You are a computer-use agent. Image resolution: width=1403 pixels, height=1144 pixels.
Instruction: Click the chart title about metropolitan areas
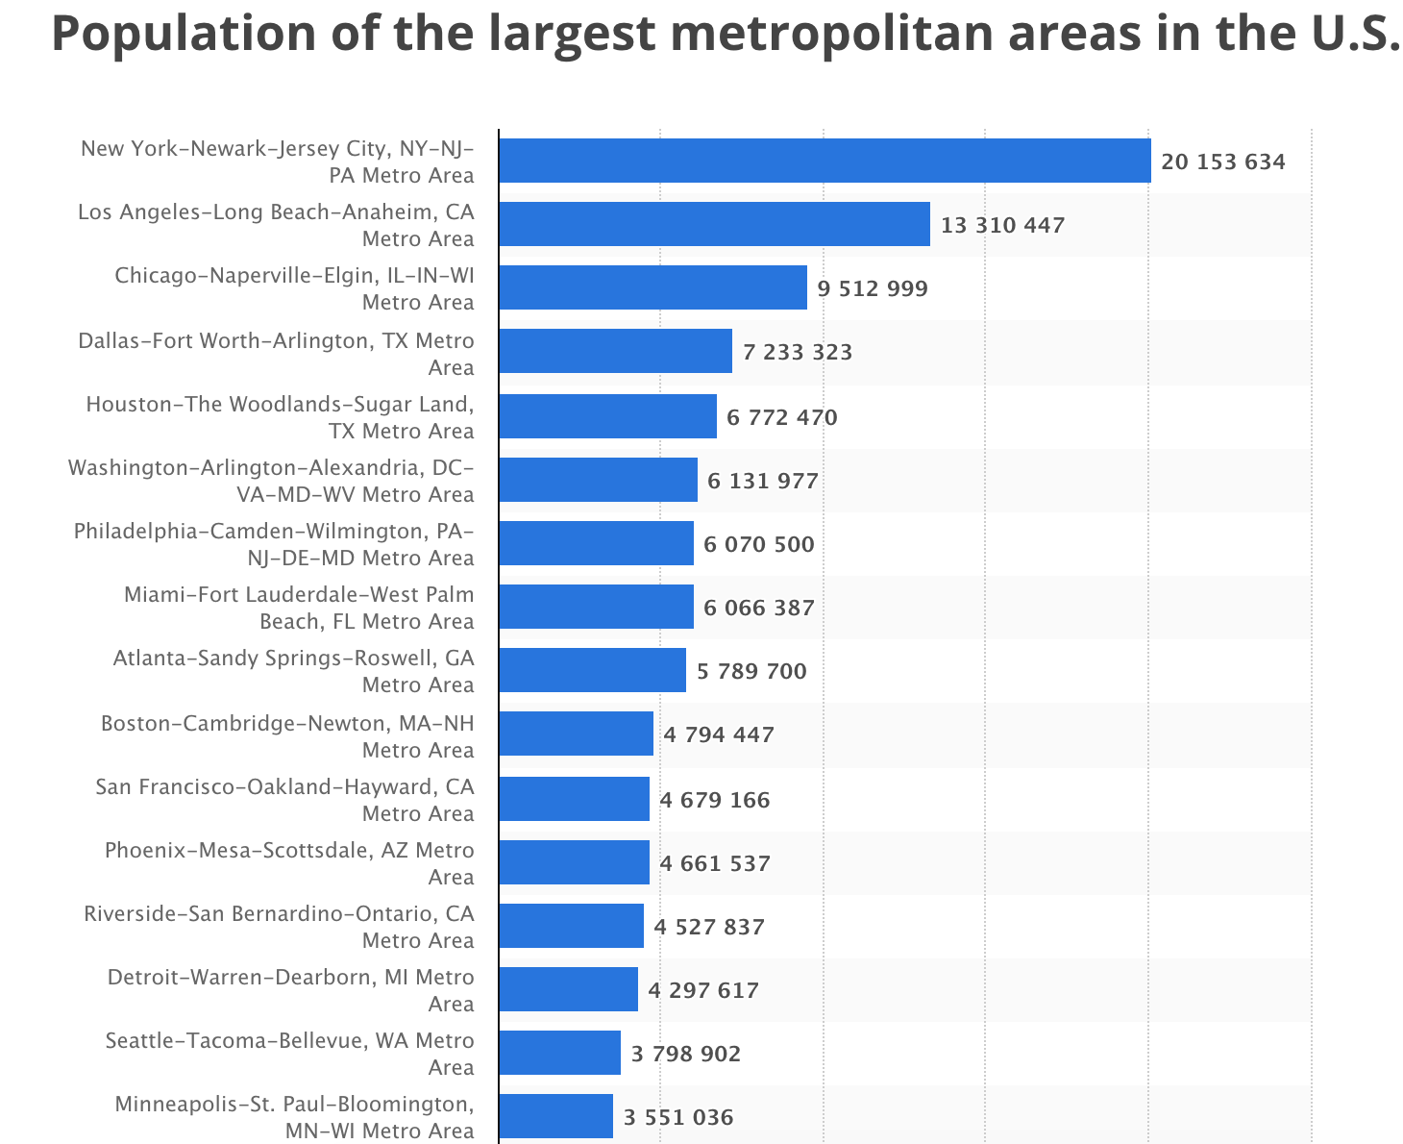click(x=726, y=33)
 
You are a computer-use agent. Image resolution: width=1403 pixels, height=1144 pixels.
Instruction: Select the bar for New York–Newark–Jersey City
click(x=825, y=161)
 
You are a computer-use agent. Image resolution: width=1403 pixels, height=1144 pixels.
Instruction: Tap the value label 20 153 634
click(x=1222, y=162)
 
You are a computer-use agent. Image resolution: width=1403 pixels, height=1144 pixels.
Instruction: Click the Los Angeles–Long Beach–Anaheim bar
click(x=714, y=224)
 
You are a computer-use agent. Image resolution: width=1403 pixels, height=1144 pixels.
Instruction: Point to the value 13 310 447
click(x=1002, y=225)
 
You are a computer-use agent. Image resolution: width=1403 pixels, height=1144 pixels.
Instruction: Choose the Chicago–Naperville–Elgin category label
click(x=294, y=288)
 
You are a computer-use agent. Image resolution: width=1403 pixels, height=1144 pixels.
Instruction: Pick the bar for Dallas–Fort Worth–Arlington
click(x=615, y=351)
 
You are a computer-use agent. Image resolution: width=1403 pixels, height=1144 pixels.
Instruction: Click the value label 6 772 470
click(x=781, y=417)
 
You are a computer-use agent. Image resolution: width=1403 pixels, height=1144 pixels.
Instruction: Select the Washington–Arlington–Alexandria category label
click(x=271, y=481)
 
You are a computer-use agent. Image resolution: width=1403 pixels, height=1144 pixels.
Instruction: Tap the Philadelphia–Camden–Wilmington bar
click(x=596, y=543)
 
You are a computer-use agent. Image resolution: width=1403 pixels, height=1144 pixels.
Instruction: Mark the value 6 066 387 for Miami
click(x=758, y=608)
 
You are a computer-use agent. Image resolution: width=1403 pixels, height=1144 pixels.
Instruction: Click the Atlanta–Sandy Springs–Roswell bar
click(x=592, y=670)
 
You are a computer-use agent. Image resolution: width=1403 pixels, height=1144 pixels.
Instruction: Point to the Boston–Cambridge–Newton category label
click(x=287, y=736)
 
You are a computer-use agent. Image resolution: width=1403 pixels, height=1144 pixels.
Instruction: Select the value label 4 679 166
click(x=714, y=800)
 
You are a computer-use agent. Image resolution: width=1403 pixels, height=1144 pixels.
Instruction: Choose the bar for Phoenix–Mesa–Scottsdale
click(x=574, y=862)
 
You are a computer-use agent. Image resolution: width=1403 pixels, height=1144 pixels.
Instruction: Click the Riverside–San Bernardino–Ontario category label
click(x=279, y=927)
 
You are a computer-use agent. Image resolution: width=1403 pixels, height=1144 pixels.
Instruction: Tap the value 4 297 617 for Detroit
click(x=702, y=990)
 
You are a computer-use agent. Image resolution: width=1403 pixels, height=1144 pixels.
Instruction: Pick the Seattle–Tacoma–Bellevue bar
click(x=559, y=1053)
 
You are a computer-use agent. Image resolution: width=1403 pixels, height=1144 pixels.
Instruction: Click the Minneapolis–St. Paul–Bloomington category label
click(x=294, y=1117)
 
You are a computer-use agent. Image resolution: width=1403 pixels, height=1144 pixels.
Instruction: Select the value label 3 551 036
click(x=677, y=1117)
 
